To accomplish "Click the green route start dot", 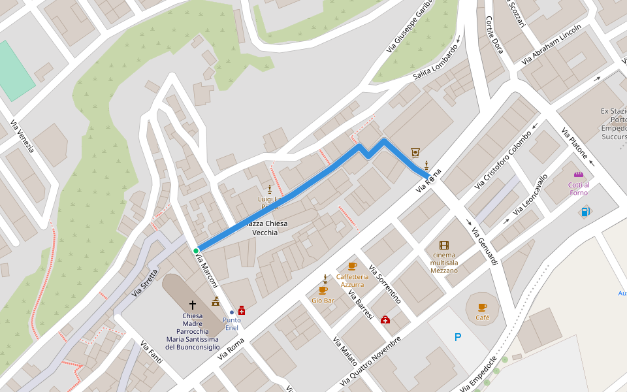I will click(x=196, y=250).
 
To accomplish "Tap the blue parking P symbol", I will click(x=458, y=337).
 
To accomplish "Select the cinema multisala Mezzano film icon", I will click(x=444, y=245).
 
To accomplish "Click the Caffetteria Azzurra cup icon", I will click(x=352, y=266).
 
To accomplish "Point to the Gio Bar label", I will click(x=323, y=301).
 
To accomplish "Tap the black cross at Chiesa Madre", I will click(x=193, y=304).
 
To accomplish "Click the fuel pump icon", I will click(x=585, y=212).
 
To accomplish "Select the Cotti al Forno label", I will click(x=578, y=189).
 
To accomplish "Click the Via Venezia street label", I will click(x=22, y=137).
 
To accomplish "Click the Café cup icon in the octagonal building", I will click(x=483, y=307).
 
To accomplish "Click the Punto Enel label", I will click(x=231, y=323).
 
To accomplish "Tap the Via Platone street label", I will click(x=575, y=146).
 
